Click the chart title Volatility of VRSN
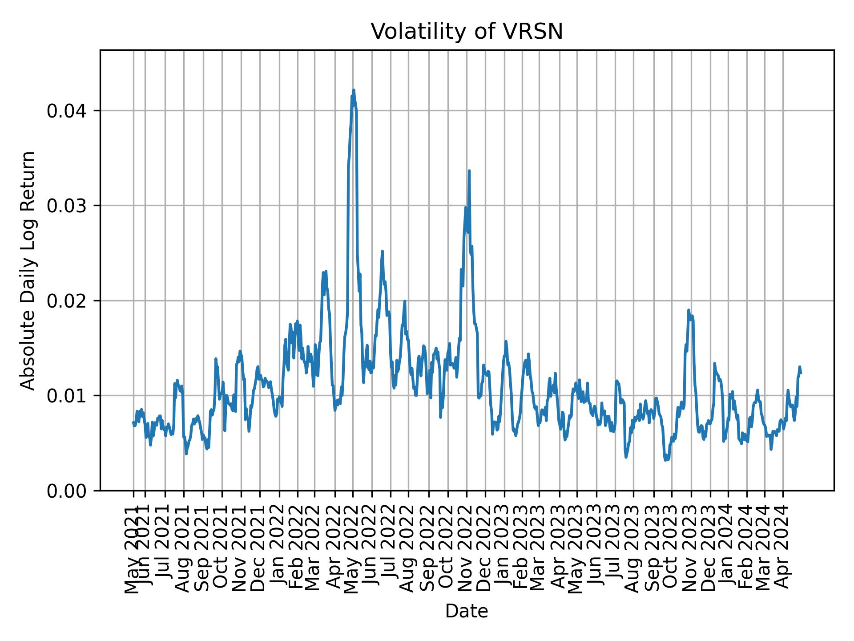pyautogui.click(x=467, y=32)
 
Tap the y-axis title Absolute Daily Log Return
pyautogui.click(x=28, y=270)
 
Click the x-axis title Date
pyautogui.click(x=467, y=611)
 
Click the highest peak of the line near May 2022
pyautogui.click(x=354, y=90)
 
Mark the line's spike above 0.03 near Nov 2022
pyautogui.click(x=469, y=171)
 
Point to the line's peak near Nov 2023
pyautogui.click(x=689, y=310)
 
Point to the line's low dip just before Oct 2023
pyautogui.click(x=666, y=460)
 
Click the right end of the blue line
pyautogui.click(x=801, y=373)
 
